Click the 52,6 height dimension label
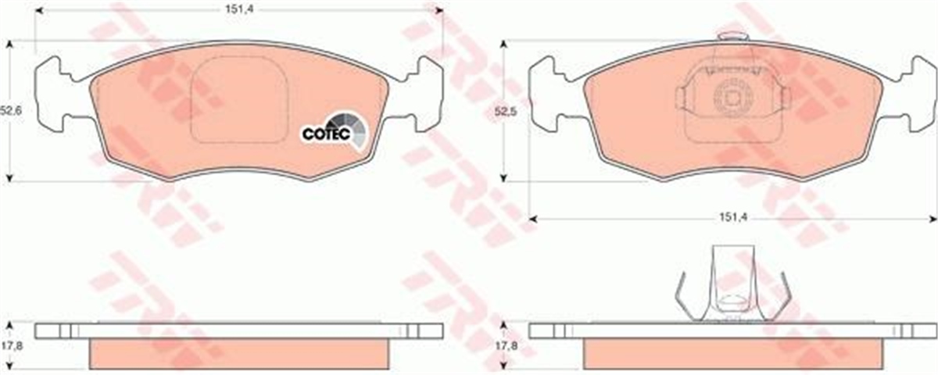click(11, 111)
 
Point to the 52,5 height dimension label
click(506, 112)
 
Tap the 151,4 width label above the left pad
click(239, 9)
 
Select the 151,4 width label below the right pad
click(734, 217)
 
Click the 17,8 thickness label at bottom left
click(11, 346)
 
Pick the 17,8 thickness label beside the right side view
click(507, 346)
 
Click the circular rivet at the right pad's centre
click(733, 98)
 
